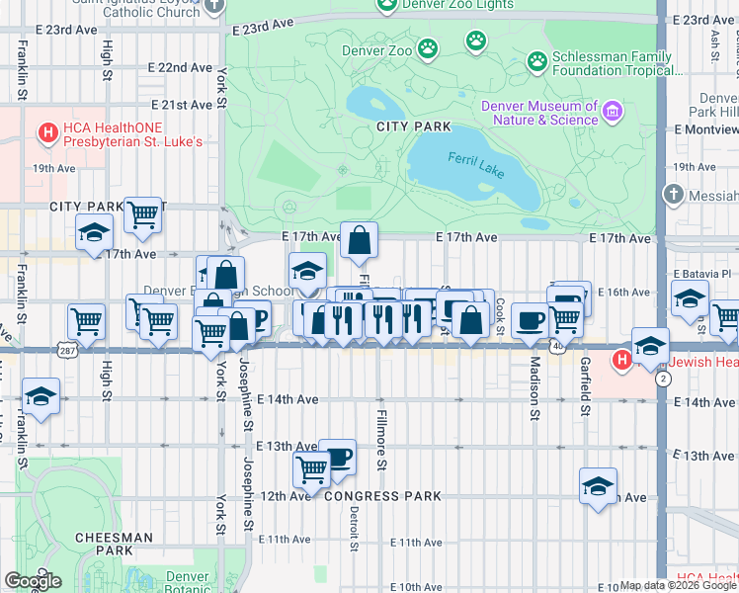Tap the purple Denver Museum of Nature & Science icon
pyautogui.click(x=613, y=111)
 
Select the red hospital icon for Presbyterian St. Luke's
pyautogui.click(x=46, y=132)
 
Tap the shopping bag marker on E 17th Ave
pyautogui.click(x=359, y=239)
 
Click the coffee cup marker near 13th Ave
pyautogui.click(x=337, y=457)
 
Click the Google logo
pyautogui.click(x=33, y=581)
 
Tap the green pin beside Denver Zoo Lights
pyautogui.click(x=386, y=7)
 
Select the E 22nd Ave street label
pyautogui.click(x=180, y=67)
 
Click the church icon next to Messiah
pyautogui.click(x=675, y=194)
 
